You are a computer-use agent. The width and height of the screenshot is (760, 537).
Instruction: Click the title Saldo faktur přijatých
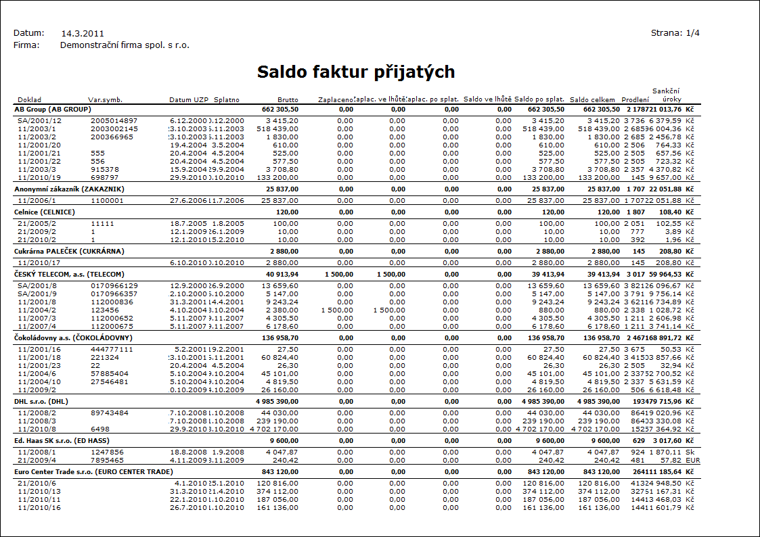point(355,72)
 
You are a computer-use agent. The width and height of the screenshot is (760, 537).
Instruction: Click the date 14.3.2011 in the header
point(83,33)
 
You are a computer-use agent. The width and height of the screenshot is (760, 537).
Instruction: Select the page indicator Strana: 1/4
point(675,32)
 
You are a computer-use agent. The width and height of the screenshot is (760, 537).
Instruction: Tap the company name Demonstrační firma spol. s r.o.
point(125,45)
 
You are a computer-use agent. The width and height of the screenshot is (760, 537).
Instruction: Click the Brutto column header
point(288,100)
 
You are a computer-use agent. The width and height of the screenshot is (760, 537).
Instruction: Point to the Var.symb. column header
point(105,100)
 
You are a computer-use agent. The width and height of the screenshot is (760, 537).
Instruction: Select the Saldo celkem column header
point(592,100)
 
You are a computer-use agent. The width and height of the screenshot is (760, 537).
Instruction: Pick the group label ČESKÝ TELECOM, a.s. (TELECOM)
point(70,274)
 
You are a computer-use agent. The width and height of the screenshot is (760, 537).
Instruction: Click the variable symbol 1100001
point(107,201)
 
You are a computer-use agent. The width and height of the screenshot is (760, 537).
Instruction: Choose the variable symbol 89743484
point(110,412)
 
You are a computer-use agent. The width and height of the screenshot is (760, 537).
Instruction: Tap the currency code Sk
point(690,450)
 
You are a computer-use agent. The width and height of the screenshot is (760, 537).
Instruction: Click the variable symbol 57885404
point(110,373)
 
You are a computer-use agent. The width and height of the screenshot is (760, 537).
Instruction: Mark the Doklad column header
point(29,100)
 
